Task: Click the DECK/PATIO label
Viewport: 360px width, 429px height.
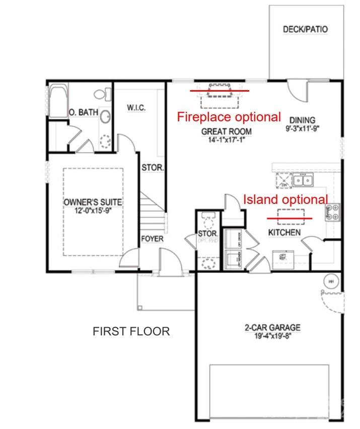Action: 305,29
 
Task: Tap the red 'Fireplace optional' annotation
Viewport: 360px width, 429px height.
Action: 229,117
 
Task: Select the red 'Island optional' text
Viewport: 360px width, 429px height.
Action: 285,199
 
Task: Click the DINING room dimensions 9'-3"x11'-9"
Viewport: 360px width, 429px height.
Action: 303,128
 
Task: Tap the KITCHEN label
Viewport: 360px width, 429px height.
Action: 284,232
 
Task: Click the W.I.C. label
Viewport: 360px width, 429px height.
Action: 137,107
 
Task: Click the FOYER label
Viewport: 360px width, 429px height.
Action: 152,238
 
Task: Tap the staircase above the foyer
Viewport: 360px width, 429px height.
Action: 153,211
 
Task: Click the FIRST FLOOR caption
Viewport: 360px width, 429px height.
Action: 131,331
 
